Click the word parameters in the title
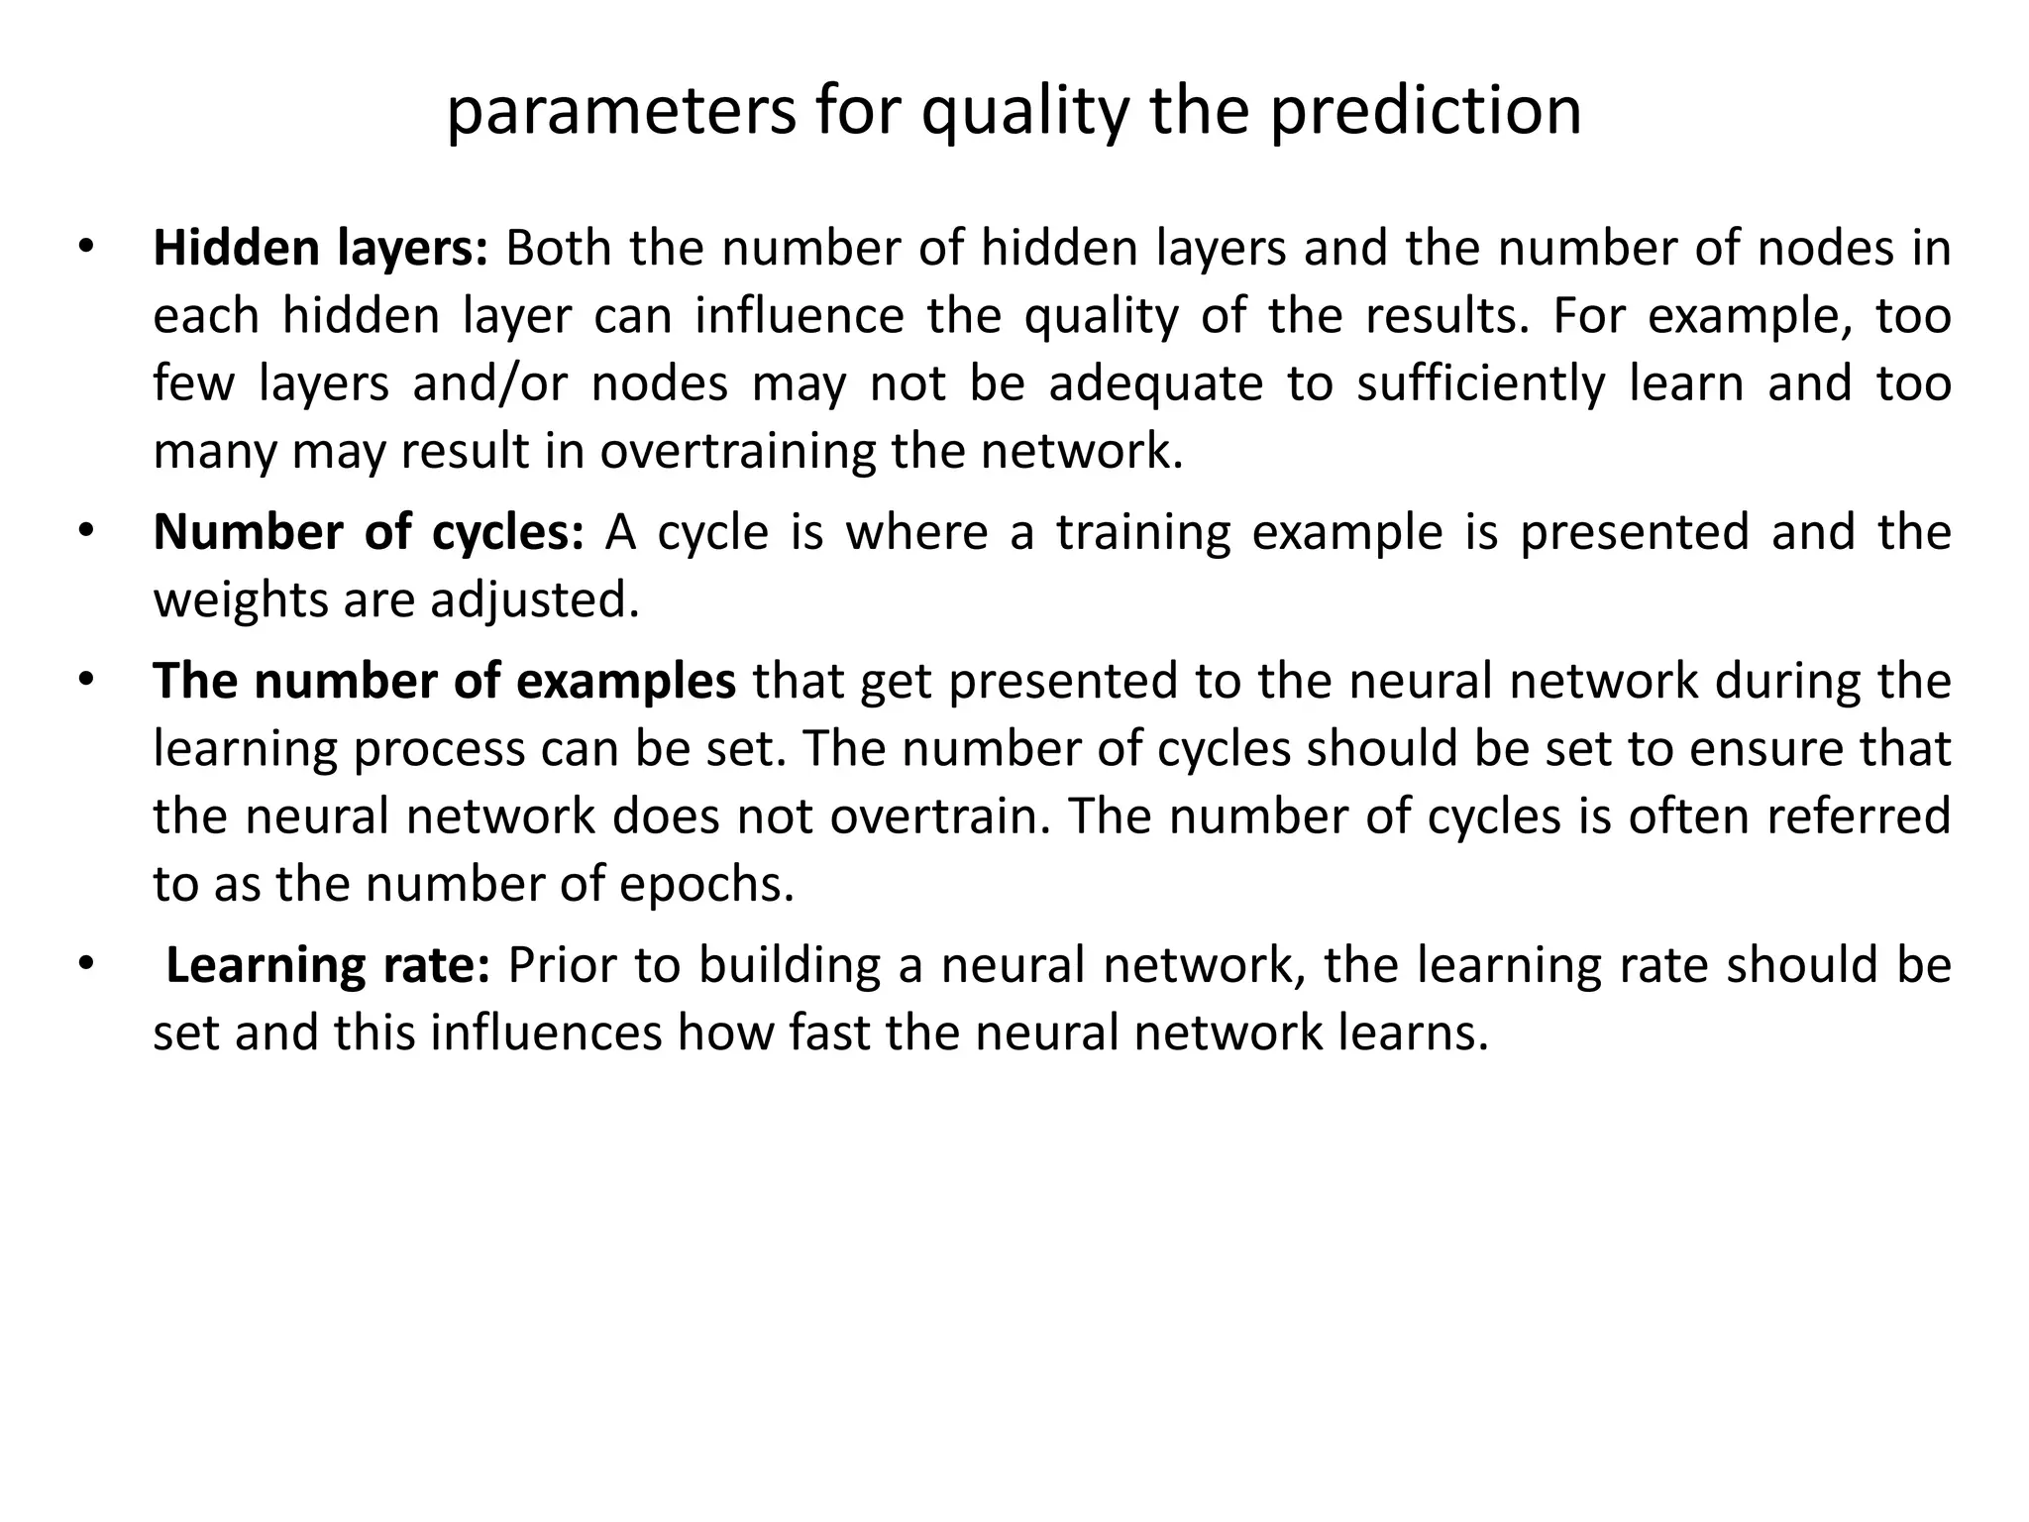pyautogui.click(x=621, y=112)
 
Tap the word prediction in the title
pyautogui.click(x=1426, y=112)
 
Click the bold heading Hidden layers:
pyautogui.click(x=320, y=248)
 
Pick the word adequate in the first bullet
pyautogui.click(x=1156, y=383)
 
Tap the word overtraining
pyautogui.click(x=738, y=451)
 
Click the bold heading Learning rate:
pyautogui.click(x=327, y=965)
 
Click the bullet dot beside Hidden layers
pyautogui.click(x=86, y=247)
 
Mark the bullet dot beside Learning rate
pyautogui.click(x=86, y=964)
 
